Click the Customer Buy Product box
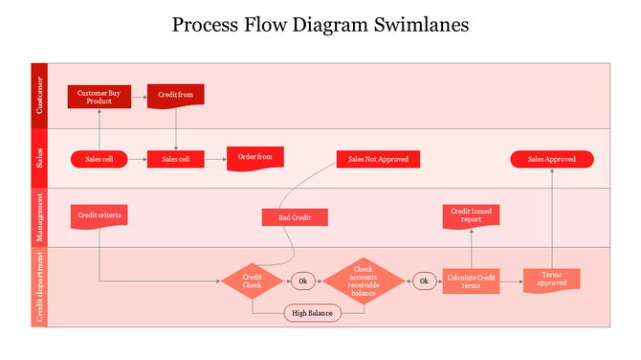[99, 97]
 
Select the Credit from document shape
[175, 96]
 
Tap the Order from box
[254, 158]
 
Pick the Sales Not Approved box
[378, 159]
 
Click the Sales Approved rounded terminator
[552, 159]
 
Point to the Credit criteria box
[99, 215]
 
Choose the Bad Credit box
[295, 217]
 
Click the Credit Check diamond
[253, 281]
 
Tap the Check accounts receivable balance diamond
[363, 281]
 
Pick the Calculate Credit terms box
[471, 281]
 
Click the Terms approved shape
[552, 280]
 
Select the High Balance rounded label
[312, 313]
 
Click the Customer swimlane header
[39, 97]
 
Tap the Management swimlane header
[39, 217]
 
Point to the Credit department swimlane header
[39, 287]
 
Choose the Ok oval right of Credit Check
[303, 281]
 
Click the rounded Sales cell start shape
[99, 159]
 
